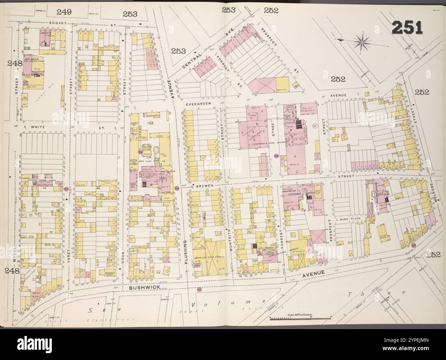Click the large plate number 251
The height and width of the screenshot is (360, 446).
(407, 27)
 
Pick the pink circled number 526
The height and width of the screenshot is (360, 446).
(276, 156)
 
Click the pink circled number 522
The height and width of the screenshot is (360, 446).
(199, 289)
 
